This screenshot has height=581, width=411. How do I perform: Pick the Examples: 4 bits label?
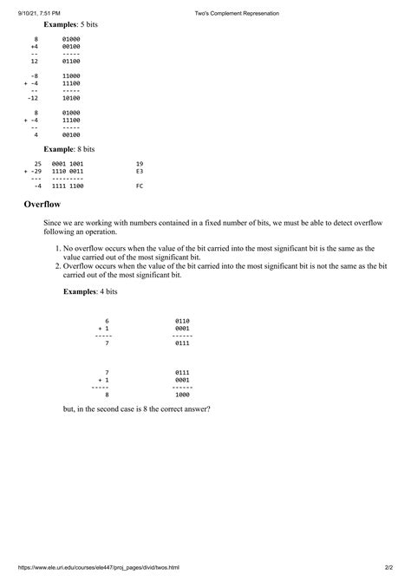pyautogui.click(x=90, y=293)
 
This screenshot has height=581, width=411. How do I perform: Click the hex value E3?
pyautogui.click(x=140, y=172)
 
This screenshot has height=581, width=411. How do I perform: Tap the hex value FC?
pyautogui.click(x=140, y=186)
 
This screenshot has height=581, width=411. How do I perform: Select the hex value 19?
pyautogui.click(x=140, y=163)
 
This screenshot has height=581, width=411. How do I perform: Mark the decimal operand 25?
pyautogui.click(x=37, y=163)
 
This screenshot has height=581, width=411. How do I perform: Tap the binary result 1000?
pyautogui.click(x=182, y=395)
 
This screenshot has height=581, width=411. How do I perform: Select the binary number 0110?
pyautogui.click(x=182, y=321)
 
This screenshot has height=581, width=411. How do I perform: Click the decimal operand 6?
pyautogui.click(x=107, y=321)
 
